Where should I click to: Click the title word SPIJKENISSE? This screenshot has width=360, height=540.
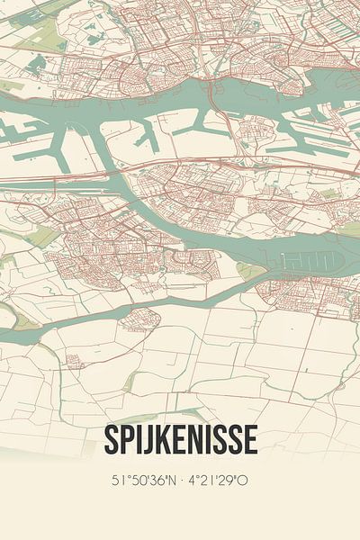coord(180,440)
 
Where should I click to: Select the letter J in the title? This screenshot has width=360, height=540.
coord(147,441)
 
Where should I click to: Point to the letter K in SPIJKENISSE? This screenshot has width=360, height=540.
coord(162,440)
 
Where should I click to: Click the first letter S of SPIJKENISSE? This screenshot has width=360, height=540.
coord(110,440)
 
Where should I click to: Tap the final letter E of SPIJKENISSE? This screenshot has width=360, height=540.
coord(251,440)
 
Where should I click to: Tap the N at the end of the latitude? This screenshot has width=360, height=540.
coord(173,481)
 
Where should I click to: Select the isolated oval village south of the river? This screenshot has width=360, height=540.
coord(146,318)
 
